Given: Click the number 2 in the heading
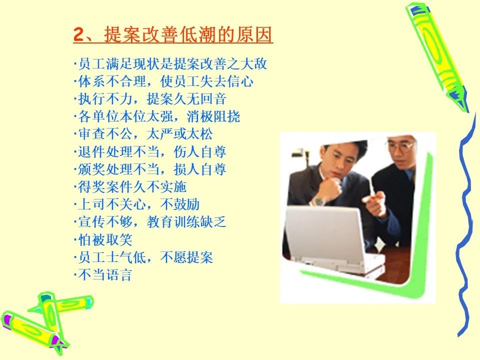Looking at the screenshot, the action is pyautogui.click(x=78, y=34).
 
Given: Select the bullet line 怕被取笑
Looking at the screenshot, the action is pyautogui.click(x=103, y=239).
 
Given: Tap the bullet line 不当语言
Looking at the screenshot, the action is pyautogui.click(x=103, y=274).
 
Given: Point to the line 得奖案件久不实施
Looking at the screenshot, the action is pyautogui.click(x=130, y=186).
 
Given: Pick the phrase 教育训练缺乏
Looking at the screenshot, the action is pyautogui.click(x=186, y=222).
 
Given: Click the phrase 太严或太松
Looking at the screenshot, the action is pyautogui.click(x=179, y=134).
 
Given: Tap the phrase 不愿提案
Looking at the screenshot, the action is pyautogui.click(x=186, y=257).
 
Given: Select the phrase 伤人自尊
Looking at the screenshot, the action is pyautogui.click(x=200, y=151).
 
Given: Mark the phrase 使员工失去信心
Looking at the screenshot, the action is pyautogui.click(x=206, y=81).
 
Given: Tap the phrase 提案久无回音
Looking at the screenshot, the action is pyautogui.click(x=186, y=99).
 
